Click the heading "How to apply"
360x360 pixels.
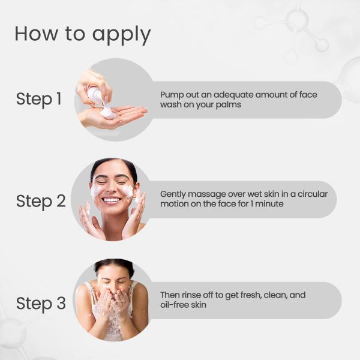[x=82, y=34]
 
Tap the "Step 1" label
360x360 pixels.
[x=39, y=99]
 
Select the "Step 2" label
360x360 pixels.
[x=41, y=201]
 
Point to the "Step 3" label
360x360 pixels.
[x=41, y=303]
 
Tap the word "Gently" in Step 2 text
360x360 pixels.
[x=173, y=194]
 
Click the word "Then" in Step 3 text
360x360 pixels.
[x=170, y=295]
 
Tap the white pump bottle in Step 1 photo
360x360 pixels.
[x=95, y=94]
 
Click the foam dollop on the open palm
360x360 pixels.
[x=108, y=112]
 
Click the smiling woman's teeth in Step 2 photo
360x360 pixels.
[x=112, y=200]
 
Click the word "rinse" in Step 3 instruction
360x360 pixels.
[x=191, y=295]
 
